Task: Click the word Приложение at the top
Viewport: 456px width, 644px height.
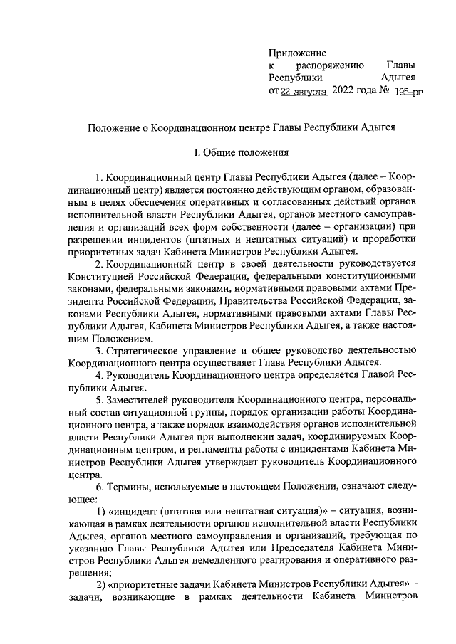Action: tap(297, 53)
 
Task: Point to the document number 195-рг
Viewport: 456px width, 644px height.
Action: tap(408, 92)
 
